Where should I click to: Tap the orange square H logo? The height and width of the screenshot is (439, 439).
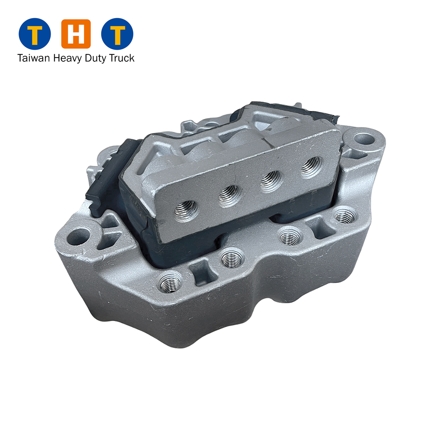click(x=76, y=34)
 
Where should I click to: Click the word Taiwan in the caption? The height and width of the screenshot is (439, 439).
click(x=33, y=58)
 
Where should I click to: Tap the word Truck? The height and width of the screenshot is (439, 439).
click(x=122, y=58)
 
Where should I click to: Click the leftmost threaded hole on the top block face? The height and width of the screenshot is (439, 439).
click(x=186, y=210)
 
